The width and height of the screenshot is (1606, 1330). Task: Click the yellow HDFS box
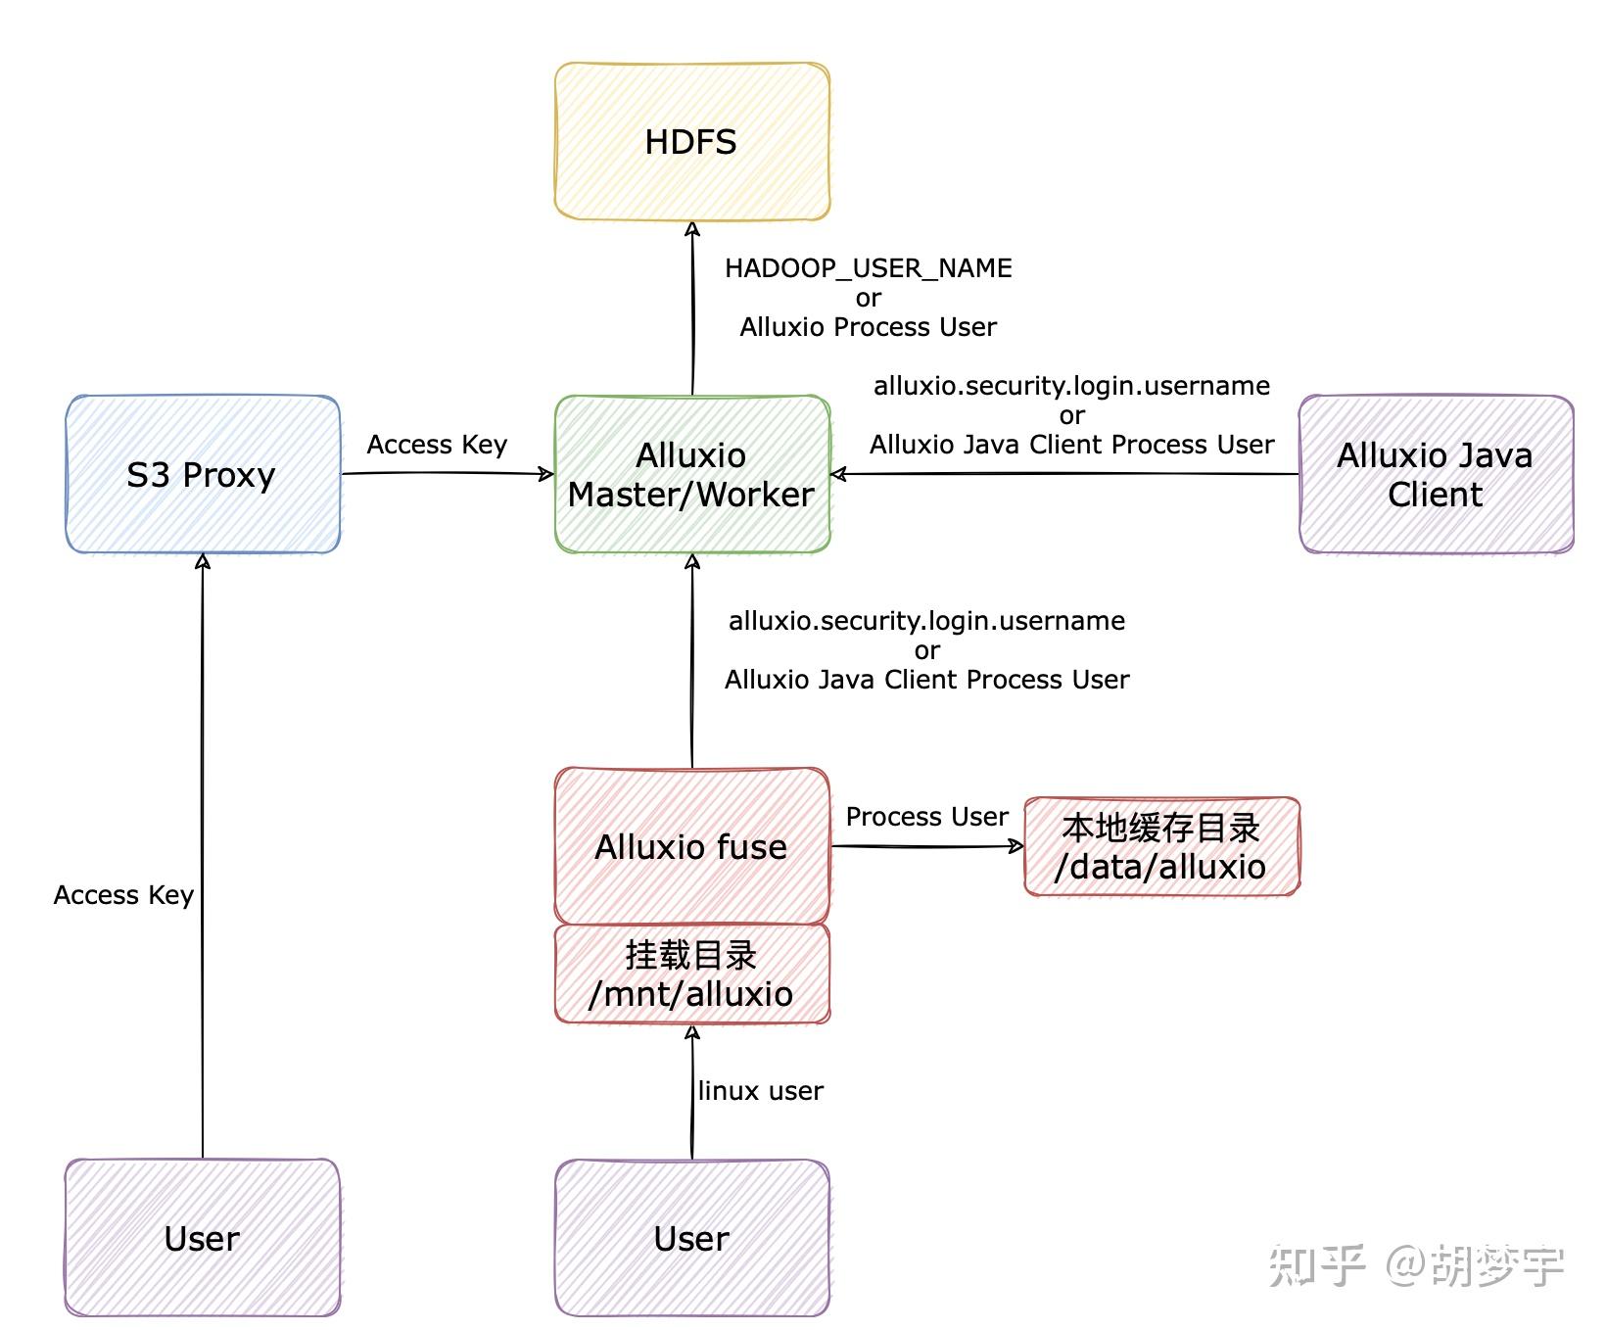(691, 142)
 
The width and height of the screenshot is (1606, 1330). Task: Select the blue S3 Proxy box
(203, 474)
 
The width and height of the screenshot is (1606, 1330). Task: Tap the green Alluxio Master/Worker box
(691, 474)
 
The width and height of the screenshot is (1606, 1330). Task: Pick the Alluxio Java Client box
(1435, 474)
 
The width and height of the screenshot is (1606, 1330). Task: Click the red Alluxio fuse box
(691, 846)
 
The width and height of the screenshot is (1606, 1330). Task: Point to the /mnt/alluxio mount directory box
(691, 974)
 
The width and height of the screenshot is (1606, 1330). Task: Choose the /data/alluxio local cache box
(1161, 846)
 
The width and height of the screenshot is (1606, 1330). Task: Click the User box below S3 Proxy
(203, 1238)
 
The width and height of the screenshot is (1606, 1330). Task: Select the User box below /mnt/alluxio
(691, 1238)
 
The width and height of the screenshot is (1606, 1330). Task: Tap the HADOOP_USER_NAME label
(868, 268)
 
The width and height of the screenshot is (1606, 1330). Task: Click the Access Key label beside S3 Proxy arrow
(437, 445)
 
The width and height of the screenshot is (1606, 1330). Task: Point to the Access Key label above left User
(123, 895)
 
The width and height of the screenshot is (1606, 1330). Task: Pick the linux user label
(761, 1091)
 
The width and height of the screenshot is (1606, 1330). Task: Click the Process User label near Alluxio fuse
(926, 817)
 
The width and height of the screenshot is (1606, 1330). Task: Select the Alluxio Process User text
(868, 327)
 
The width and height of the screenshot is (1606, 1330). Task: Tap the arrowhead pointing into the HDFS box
(692, 228)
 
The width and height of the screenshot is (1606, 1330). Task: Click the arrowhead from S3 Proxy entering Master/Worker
(546, 474)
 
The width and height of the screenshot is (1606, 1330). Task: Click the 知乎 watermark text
(1316, 1265)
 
